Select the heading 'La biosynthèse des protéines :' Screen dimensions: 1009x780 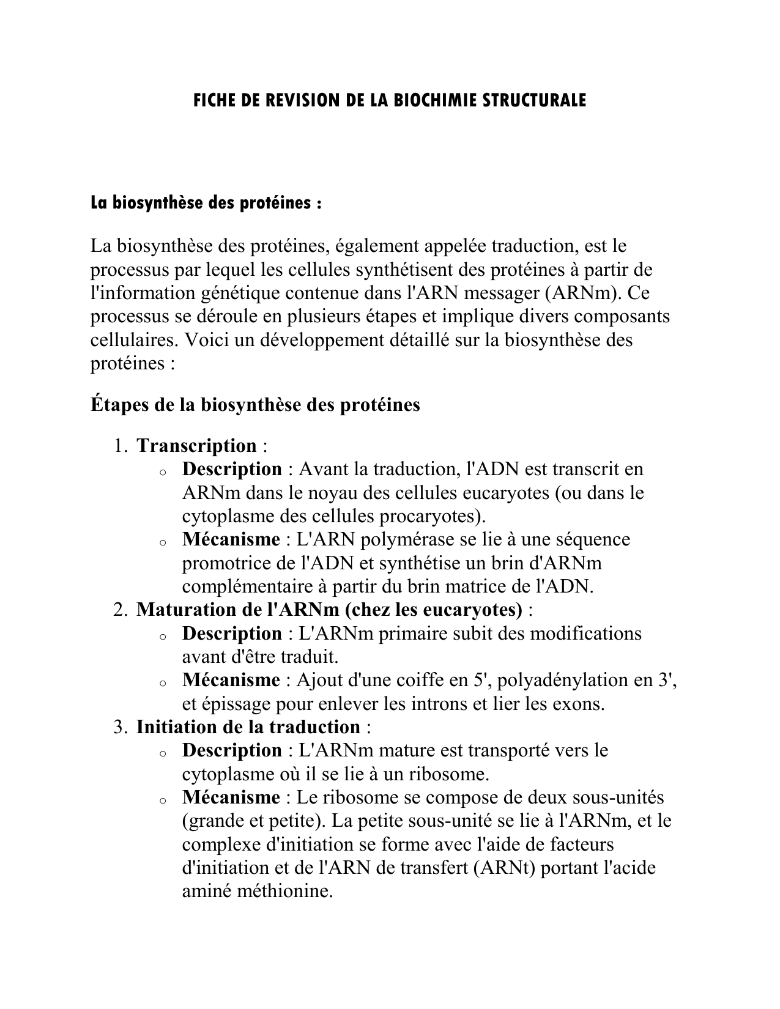(206, 203)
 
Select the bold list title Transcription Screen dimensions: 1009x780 (196, 446)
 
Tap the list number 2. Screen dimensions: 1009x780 (119, 610)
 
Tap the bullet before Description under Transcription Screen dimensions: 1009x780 (162, 471)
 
